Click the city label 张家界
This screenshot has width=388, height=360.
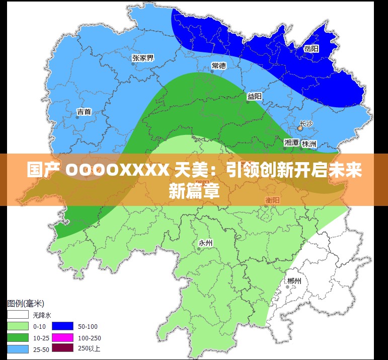pos(143,58)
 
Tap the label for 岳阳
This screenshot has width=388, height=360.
pos(312,49)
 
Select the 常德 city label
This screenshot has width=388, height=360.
pos(218,65)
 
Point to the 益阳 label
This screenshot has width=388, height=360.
pos(254,96)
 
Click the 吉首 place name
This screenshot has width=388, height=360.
pos(84,111)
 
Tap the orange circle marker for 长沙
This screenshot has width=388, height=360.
pos(300,129)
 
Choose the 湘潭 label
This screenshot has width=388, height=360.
pos(291,143)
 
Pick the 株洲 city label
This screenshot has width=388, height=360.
pos(309,143)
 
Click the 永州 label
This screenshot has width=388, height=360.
pos(205,243)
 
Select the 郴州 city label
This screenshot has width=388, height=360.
pos(294,281)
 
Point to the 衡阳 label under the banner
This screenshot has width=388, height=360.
pos(273,200)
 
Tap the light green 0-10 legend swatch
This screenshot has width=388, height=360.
pos(17,326)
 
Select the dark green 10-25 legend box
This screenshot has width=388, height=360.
pos(17,337)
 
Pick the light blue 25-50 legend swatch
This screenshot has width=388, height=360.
pos(17,348)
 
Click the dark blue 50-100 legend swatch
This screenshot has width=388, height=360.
pos(62,326)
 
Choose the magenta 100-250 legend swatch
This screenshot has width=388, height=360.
pos(62,337)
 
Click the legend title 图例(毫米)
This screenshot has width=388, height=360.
pos(25,304)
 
